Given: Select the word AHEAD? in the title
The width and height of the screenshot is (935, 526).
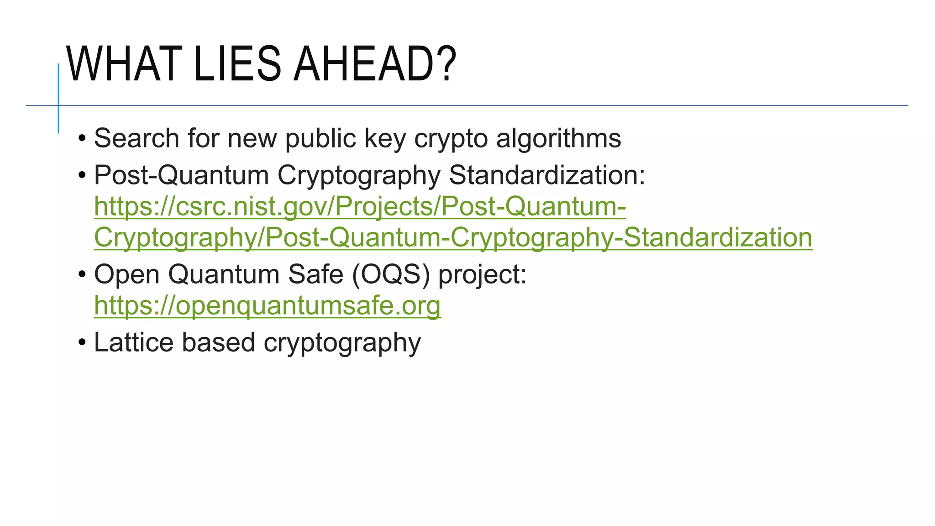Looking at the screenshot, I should pos(374,64).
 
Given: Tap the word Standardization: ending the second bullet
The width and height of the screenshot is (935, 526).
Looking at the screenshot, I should pos(547,175).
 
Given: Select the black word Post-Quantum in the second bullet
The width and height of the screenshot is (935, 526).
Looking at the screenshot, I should pos(181,175).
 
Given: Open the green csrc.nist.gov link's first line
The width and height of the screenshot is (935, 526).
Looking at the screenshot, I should pos(360,206).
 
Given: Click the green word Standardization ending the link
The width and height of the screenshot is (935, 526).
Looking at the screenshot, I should pos(718,237).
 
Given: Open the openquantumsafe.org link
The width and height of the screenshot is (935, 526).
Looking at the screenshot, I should pos(267,305).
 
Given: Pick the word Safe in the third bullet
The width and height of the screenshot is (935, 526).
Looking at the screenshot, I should pos(315,274).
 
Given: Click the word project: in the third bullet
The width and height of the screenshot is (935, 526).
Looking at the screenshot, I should pos(482,275).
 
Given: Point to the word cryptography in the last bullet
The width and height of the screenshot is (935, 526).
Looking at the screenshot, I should pos(342,343).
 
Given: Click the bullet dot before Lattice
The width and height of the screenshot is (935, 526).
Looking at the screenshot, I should pos(82,342).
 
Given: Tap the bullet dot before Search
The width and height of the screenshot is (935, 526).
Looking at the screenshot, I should pos(82,138).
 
